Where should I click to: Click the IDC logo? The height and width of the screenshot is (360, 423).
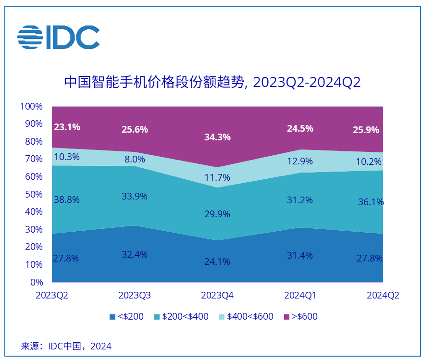tap(58, 37)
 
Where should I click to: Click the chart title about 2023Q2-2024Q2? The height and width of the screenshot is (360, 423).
tap(212, 82)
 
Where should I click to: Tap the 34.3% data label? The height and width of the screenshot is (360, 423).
tap(217, 137)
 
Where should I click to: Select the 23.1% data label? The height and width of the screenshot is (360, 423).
tap(67, 127)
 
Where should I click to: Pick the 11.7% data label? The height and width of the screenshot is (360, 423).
tap(217, 177)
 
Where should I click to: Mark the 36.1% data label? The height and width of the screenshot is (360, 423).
tap(371, 202)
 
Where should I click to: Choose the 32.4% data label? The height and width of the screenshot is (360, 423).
tap(134, 254)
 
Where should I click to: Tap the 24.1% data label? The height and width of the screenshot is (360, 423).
tap(217, 262)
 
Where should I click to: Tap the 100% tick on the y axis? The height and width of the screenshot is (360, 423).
tap(32, 106)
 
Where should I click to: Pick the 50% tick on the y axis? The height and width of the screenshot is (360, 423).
tap(34, 194)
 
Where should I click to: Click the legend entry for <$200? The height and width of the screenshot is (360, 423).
tap(126, 317)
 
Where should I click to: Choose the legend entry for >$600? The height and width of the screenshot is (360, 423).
tap(301, 317)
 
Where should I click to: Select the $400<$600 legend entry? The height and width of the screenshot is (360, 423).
tap(246, 317)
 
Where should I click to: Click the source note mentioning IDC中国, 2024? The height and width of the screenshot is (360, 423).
tap(66, 346)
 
